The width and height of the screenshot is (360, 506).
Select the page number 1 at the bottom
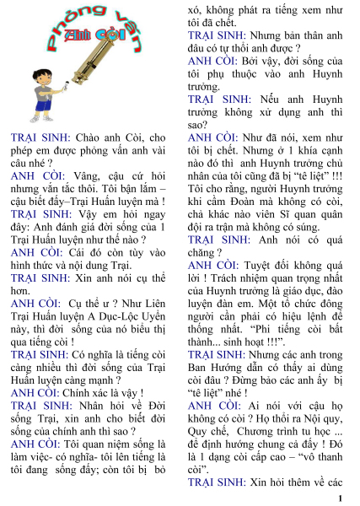point(348,498)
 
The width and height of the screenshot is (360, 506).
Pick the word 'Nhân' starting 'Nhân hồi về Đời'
point(91,406)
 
